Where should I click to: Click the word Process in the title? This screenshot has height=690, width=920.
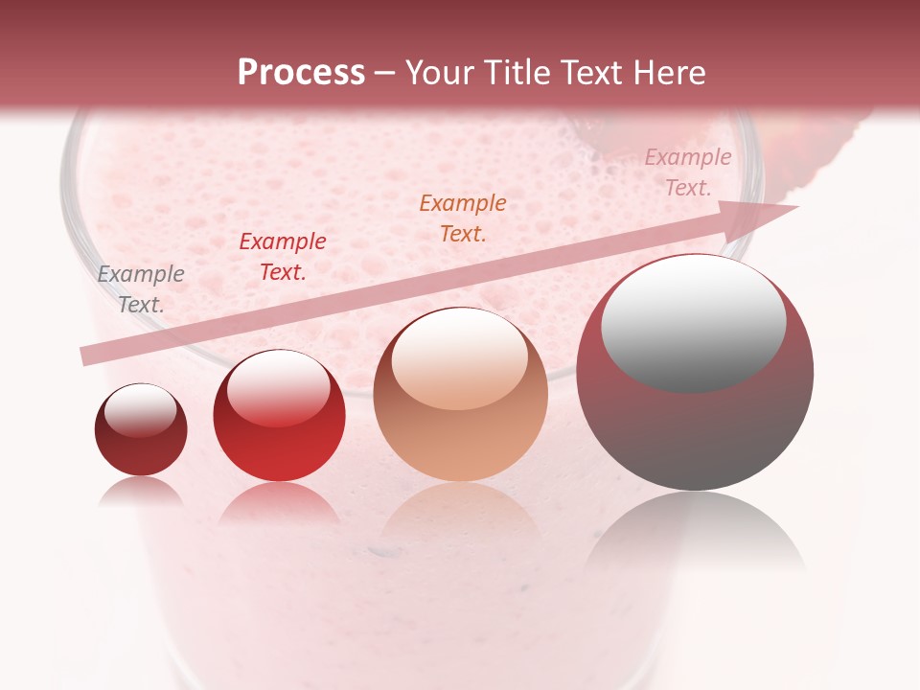[301, 73]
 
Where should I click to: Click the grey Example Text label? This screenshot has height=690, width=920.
[141, 289]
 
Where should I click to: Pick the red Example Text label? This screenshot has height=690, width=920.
[283, 257]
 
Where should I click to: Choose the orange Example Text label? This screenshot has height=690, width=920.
[463, 218]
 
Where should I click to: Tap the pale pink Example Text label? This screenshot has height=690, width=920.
[687, 172]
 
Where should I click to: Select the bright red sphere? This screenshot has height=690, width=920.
[279, 417]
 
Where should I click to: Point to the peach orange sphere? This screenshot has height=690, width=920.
[460, 395]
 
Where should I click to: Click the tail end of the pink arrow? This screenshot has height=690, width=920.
[86, 356]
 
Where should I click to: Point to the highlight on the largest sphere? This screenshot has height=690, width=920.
[693, 321]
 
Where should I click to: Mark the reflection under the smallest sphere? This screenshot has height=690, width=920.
[141, 492]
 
